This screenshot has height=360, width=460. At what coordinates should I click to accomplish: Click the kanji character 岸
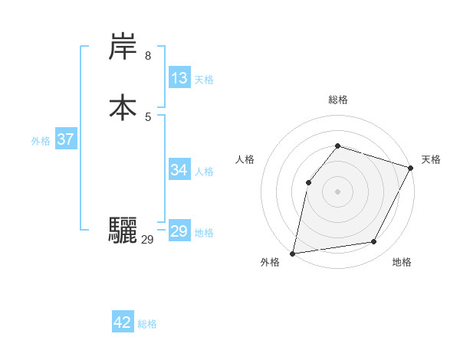click(123, 48)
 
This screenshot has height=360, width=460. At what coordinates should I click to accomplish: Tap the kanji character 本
click(123, 107)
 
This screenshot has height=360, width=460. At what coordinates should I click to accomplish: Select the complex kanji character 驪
click(123, 231)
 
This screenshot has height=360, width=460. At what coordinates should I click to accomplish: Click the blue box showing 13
click(179, 78)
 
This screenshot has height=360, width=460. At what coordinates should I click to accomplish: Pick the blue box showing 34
click(179, 170)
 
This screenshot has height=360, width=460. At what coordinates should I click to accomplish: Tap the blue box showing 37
click(65, 140)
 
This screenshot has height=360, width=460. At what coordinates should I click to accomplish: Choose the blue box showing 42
click(123, 322)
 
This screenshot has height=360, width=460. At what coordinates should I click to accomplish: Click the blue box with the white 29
click(179, 231)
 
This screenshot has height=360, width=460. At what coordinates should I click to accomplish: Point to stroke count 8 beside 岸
click(148, 55)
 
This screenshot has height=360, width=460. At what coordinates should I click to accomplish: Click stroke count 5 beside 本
click(148, 116)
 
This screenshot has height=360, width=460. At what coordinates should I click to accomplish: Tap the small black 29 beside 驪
click(148, 240)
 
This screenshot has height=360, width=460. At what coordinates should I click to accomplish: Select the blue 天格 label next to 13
click(204, 80)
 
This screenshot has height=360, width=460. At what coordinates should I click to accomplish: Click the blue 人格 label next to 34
click(204, 172)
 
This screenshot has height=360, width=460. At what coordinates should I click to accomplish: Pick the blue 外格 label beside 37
click(41, 141)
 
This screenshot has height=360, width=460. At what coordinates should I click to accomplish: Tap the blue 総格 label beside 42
click(147, 324)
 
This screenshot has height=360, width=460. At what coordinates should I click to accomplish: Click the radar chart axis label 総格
click(337, 100)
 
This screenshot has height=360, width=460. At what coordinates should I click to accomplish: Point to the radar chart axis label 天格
click(431, 159)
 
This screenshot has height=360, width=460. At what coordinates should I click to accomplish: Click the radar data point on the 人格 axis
click(308, 182)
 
